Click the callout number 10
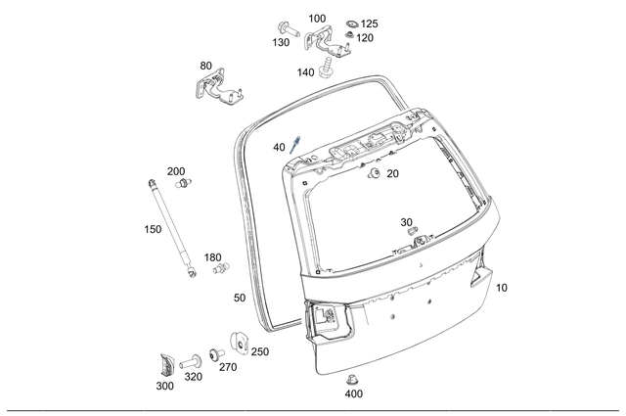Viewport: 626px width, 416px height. (502, 288)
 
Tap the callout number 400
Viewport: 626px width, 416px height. (354, 394)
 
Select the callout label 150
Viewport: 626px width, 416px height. (153, 229)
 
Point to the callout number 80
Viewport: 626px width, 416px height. (205, 66)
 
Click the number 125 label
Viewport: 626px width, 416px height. (369, 23)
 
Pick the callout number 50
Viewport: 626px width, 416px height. (240, 297)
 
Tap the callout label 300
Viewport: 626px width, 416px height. (164, 386)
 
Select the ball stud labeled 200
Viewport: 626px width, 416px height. (187, 183)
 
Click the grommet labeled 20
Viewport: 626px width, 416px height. (374, 174)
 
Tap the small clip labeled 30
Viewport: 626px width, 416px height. (412, 232)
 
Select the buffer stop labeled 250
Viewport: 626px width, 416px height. (237, 344)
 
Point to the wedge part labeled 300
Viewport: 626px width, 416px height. (165, 364)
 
